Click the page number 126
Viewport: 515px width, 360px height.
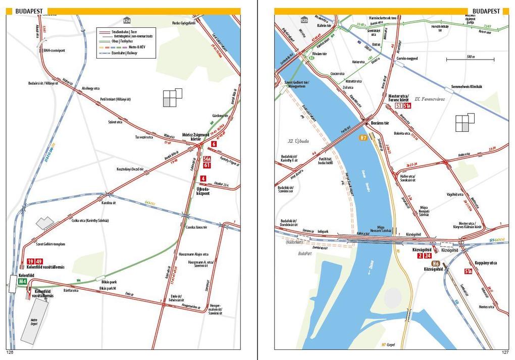(9, 352)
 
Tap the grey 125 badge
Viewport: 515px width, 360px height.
(304, 20)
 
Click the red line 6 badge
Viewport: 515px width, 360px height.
(214, 144)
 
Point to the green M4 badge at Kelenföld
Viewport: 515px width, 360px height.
(23, 282)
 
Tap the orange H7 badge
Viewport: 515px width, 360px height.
(363, 137)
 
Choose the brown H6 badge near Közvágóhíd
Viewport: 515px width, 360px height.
(436, 263)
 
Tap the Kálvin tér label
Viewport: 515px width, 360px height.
(323, 25)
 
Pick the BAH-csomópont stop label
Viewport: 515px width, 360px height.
(55, 50)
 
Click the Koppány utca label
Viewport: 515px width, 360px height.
(486, 263)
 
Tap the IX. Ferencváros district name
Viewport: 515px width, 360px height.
(429, 99)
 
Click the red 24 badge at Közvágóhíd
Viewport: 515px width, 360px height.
(428, 256)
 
